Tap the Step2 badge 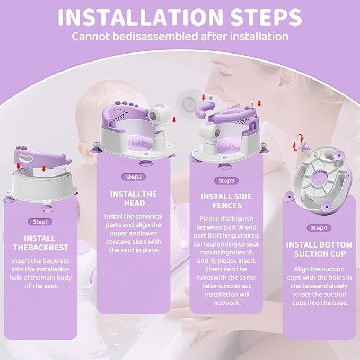(133, 177)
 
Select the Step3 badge (225, 180)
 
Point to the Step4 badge (319, 228)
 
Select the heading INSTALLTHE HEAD (133, 199)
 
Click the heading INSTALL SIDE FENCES (225, 201)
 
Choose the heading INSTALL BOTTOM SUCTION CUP (319, 249)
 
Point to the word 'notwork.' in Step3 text (225, 303)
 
